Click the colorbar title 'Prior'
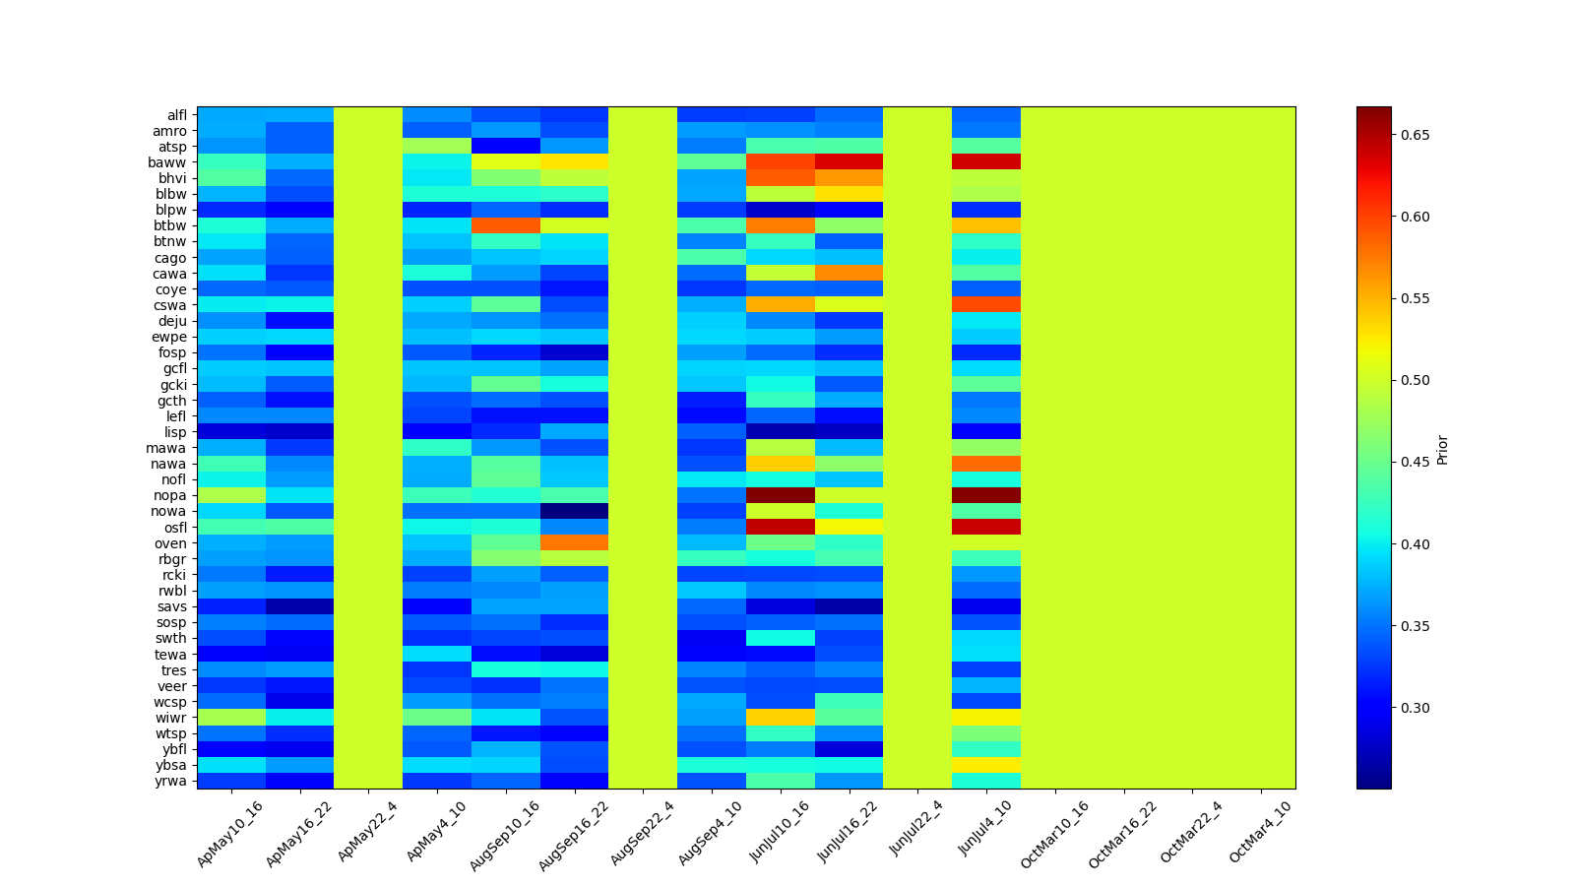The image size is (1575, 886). [1442, 448]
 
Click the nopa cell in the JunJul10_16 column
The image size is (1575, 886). [781, 495]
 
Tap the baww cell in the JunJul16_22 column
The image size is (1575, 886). [849, 162]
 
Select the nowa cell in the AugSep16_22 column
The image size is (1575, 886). [574, 511]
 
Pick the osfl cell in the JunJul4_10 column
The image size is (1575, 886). [986, 527]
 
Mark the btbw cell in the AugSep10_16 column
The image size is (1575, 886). [506, 225]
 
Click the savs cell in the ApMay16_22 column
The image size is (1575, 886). [300, 606]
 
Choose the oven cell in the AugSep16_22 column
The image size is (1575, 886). [574, 542]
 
